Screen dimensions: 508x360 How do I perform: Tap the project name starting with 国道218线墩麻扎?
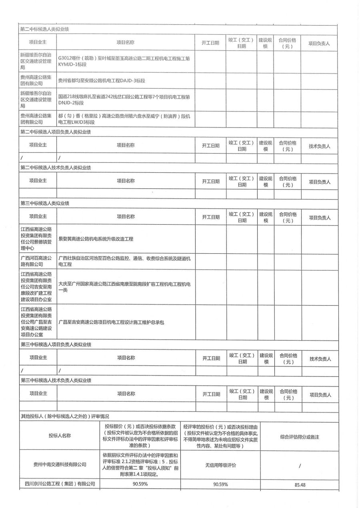(124, 100)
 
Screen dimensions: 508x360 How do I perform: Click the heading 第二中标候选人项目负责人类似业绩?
(57, 132)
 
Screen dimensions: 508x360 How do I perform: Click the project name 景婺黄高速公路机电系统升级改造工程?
(96, 239)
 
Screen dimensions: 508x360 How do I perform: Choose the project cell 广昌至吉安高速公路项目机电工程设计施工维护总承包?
(112, 322)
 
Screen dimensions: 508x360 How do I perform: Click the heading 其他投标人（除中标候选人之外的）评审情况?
(64, 416)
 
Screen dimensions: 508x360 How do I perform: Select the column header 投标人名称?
(60, 436)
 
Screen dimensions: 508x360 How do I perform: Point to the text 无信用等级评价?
(220, 465)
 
